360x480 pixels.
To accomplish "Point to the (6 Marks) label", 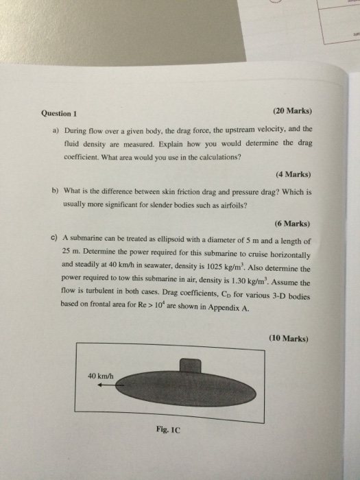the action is [x=293, y=223].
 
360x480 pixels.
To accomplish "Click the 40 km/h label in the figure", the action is [x=101, y=376].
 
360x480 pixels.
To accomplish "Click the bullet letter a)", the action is [x=55, y=130].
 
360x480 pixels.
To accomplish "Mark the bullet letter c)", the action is [x=54, y=239].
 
